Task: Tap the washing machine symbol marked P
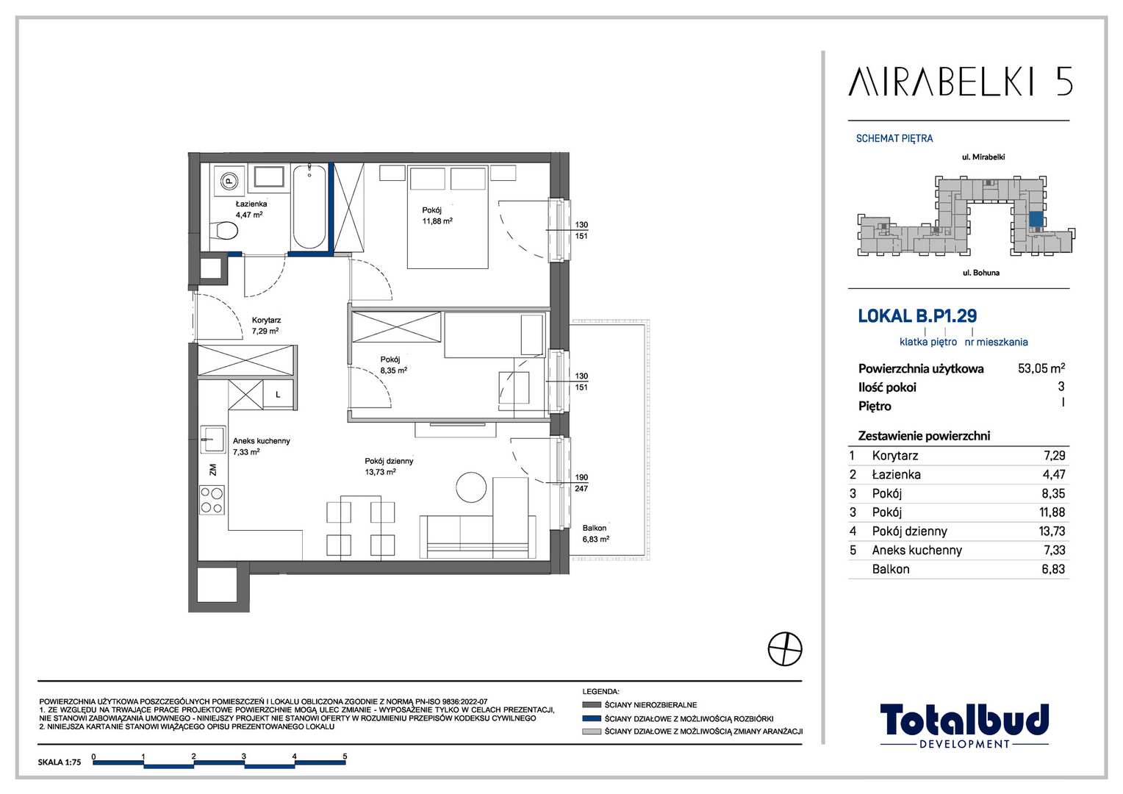tap(229, 180)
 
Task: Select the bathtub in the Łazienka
tap(309, 206)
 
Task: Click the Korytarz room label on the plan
tap(266, 320)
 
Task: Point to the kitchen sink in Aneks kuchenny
tap(213, 439)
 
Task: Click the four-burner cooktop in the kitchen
tap(212, 500)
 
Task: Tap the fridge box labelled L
tap(278, 395)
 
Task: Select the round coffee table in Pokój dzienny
tap(471, 487)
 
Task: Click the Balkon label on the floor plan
tap(595, 528)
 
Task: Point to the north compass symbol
tap(785, 649)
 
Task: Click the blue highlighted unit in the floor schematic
tap(1036, 219)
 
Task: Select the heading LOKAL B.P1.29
tap(917, 316)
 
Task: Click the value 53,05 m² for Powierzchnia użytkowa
tap(1041, 368)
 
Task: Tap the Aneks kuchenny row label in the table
tap(917, 550)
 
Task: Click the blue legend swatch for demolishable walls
tap(592, 718)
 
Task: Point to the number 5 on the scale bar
tap(345, 756)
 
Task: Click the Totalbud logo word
tap(964, 720)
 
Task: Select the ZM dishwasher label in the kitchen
tap(213, 470)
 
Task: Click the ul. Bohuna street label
tap(980, 273)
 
